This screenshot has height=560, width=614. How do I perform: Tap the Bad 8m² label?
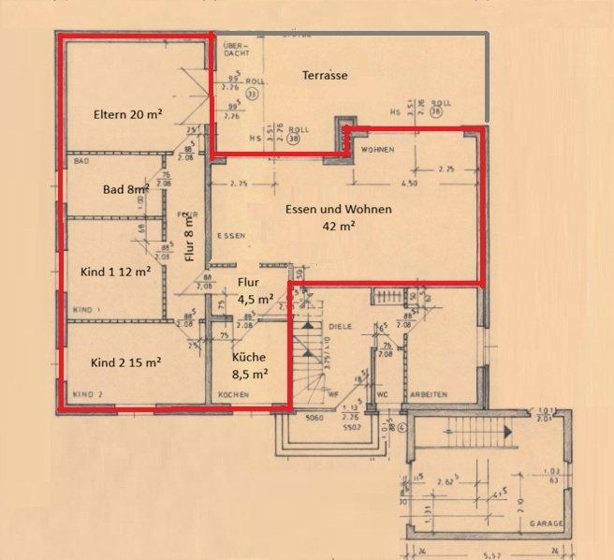click(126, 189)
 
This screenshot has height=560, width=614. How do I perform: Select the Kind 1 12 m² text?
click(117, 273)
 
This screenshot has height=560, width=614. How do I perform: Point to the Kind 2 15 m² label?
click(125, 361)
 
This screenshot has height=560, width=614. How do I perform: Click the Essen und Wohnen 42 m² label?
click(338, 217)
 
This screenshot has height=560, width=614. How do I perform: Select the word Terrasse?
click(325, 75)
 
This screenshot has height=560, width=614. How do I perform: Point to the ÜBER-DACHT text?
click(231, 50)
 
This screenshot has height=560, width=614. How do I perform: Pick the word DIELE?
click(340, 326)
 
